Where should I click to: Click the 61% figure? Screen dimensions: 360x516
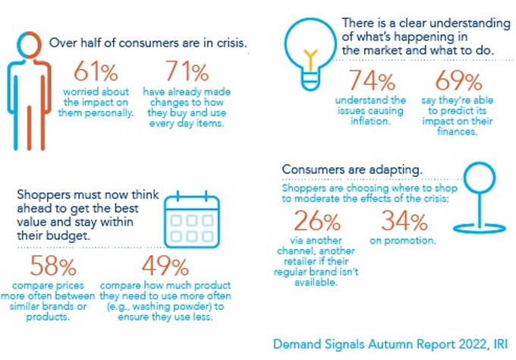pos(96,74)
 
